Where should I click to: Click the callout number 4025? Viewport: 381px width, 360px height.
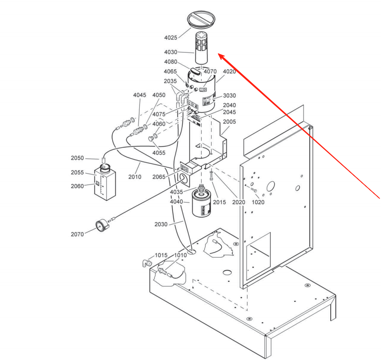170,38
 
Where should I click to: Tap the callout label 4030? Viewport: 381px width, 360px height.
170,52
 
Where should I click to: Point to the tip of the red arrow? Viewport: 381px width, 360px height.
219,55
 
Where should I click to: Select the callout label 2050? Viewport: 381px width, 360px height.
77,158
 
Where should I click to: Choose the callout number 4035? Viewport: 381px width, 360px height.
176,192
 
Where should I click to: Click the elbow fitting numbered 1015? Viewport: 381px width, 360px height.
146,263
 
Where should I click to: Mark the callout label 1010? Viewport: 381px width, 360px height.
180,255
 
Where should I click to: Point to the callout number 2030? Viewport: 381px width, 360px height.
161,224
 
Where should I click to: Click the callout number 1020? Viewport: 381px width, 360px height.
258,202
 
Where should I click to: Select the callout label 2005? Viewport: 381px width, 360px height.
230,122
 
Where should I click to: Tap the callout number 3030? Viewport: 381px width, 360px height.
229,96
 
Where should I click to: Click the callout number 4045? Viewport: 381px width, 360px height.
140,95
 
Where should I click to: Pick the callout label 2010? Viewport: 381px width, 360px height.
135,177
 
